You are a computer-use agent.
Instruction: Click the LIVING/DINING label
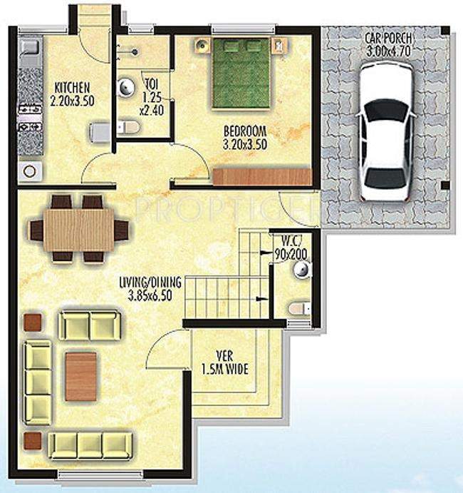click(150, 283)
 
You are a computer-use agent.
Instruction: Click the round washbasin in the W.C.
click(302, 268)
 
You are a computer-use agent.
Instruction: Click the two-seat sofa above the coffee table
click(89, 325)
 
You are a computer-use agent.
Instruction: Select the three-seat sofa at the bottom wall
click(90, 444)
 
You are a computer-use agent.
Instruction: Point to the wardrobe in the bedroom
click(262, 176)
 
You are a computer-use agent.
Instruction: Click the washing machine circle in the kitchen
click(31, 171)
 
